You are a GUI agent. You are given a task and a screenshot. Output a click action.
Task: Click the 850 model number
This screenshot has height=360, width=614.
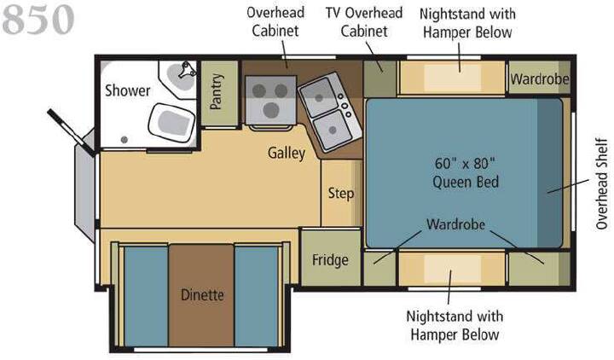[x=38, y=20]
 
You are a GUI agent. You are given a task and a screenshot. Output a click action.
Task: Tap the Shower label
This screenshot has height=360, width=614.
[x=128, y=90]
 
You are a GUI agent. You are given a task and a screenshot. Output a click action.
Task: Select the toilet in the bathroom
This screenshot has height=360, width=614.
[x=171, y=122]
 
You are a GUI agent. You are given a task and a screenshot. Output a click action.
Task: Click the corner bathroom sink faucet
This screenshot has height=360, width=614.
[x=187, y=70]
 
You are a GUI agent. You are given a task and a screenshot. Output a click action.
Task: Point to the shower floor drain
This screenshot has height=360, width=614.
[x=125, y=139]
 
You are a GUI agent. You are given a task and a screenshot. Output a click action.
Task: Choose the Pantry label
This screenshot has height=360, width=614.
[x=216, y=91]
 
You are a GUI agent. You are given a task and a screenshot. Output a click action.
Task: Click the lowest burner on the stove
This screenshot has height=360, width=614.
[x=271, y=110]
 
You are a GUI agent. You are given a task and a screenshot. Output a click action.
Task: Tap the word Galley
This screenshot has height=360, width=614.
[x=287, y=153]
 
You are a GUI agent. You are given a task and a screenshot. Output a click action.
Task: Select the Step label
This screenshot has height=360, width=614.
[x=340, y=194]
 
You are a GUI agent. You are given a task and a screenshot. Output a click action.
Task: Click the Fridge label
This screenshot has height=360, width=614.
[x=330, y=260]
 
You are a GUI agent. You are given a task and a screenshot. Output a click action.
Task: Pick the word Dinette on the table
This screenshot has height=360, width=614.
[x=202, y=294]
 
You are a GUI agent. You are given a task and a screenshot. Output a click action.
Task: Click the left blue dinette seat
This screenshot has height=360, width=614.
[x=146, y=296]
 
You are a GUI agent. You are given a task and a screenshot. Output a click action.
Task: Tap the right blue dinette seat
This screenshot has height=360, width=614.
[x=257, y=296]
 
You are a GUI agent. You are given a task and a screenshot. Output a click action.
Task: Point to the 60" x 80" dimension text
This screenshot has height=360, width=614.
[x=465, y=163]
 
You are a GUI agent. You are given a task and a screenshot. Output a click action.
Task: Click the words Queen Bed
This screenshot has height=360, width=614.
[x=466, y=183]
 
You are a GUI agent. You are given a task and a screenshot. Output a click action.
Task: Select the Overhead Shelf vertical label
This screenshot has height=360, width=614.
[x=601, y=183]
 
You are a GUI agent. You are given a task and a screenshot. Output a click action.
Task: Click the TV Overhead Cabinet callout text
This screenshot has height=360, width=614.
[x=364, y=22]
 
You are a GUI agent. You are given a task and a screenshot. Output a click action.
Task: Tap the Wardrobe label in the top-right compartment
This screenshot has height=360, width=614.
[x=539, y=79]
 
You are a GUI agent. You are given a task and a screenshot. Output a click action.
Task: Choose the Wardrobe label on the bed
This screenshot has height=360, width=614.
[x=455, y=224]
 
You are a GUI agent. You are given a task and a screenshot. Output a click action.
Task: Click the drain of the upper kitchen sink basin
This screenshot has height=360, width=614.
[x=319, y=98]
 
